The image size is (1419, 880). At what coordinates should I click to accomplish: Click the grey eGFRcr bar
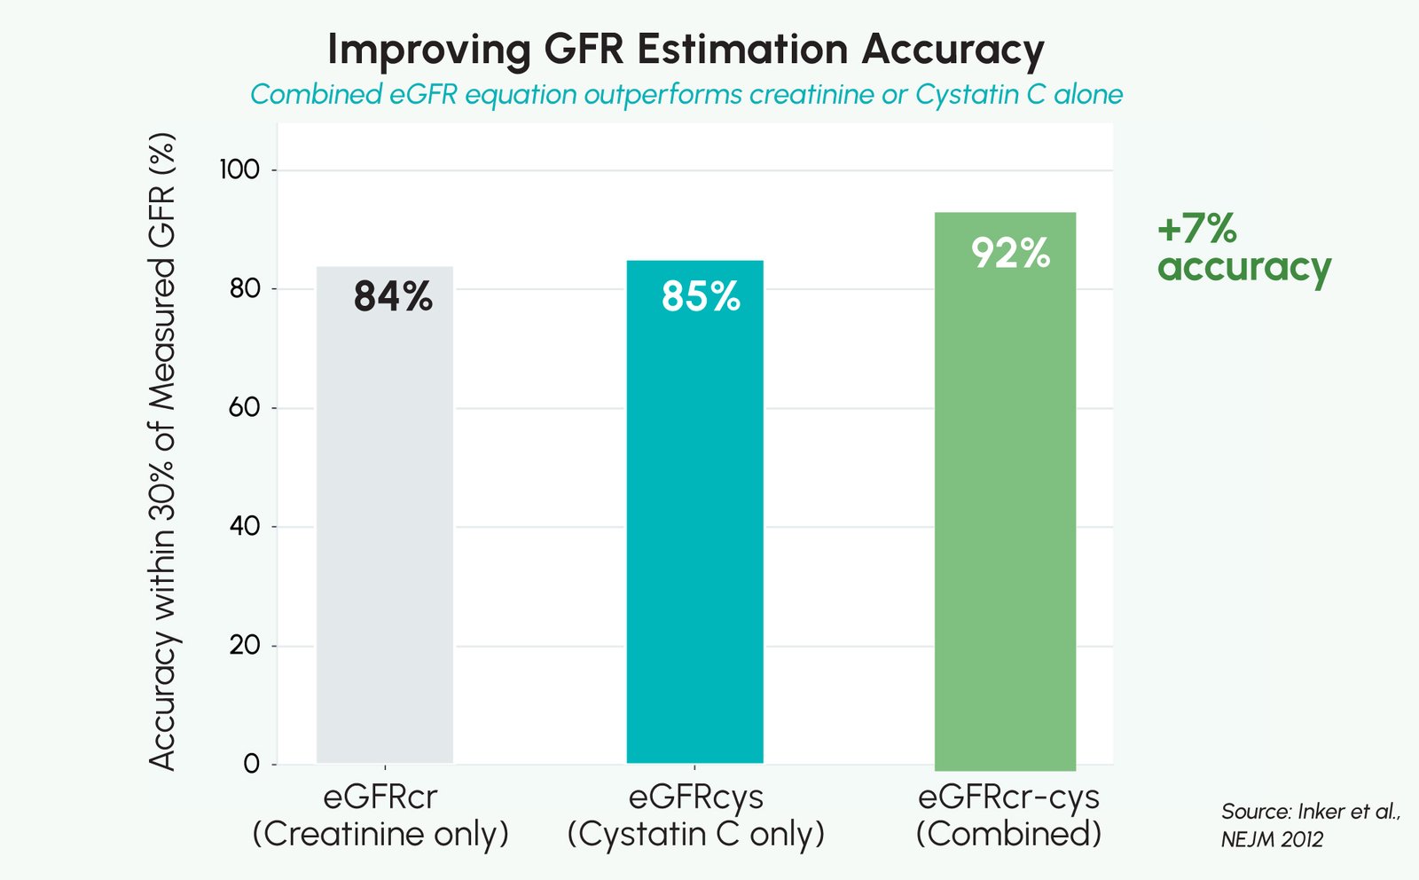[x=384, y=532]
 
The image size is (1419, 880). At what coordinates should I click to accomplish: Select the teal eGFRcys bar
[x=694, y=532]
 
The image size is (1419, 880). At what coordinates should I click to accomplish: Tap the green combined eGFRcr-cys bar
[x=1005, y=532]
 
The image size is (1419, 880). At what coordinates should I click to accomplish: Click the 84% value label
[x=393, y=296]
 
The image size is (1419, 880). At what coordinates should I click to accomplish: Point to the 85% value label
[x=701, y=296]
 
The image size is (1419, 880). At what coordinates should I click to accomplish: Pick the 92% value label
[x=1010, y=254]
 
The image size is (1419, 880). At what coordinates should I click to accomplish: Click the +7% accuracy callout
[x=1243, y=248]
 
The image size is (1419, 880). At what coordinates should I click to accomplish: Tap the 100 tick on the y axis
[x=239, y=169]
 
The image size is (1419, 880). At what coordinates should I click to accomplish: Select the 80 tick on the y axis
[x=245, y=288]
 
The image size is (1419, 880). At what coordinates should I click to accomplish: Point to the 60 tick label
[x=245, y=407]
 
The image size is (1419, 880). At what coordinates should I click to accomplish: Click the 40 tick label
[x=245, y=526]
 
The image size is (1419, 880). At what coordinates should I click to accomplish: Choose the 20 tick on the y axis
[x=245, y=645]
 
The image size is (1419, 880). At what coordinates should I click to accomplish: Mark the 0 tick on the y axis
[x=252, y=764]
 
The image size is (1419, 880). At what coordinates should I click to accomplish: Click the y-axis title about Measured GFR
[x=162, y=451]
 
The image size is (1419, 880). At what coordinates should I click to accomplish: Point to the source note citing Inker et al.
[x=1309, y=825]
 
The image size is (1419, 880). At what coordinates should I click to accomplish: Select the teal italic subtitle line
[x=686, y=94]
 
